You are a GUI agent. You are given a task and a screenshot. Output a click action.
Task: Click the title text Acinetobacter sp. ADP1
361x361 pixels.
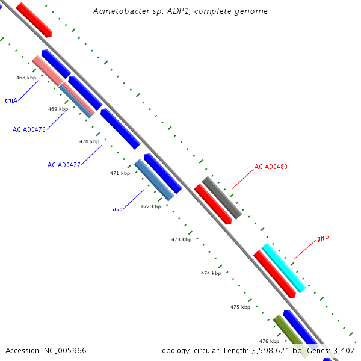coord(180,11)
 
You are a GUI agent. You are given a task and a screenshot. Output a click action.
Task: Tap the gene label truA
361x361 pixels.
coord(11,100)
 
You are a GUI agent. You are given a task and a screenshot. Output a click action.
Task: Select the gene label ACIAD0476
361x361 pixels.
coord(29,129)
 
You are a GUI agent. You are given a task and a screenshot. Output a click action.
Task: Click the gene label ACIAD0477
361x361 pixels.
coord(64,164)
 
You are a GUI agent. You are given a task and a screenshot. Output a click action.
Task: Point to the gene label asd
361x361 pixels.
coord(117,209)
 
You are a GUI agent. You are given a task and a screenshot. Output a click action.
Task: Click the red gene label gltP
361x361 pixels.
coord(322,238)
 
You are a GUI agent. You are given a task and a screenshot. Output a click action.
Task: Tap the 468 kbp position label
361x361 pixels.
coord(26,78)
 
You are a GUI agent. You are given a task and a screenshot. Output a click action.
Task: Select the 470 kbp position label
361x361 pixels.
coord(89,141)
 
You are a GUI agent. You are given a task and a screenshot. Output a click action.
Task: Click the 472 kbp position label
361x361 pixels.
coord(150,206)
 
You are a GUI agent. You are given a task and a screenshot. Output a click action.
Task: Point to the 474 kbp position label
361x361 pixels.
coord(211,273)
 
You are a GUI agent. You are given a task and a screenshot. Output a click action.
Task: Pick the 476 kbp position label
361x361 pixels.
coord(269,341)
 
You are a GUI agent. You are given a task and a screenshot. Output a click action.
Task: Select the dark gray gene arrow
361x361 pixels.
coord(222,197)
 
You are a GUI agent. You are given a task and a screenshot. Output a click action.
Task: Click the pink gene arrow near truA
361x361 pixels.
coord(48,70)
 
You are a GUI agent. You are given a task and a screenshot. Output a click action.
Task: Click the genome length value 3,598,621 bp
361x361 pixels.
coord(273,350)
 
